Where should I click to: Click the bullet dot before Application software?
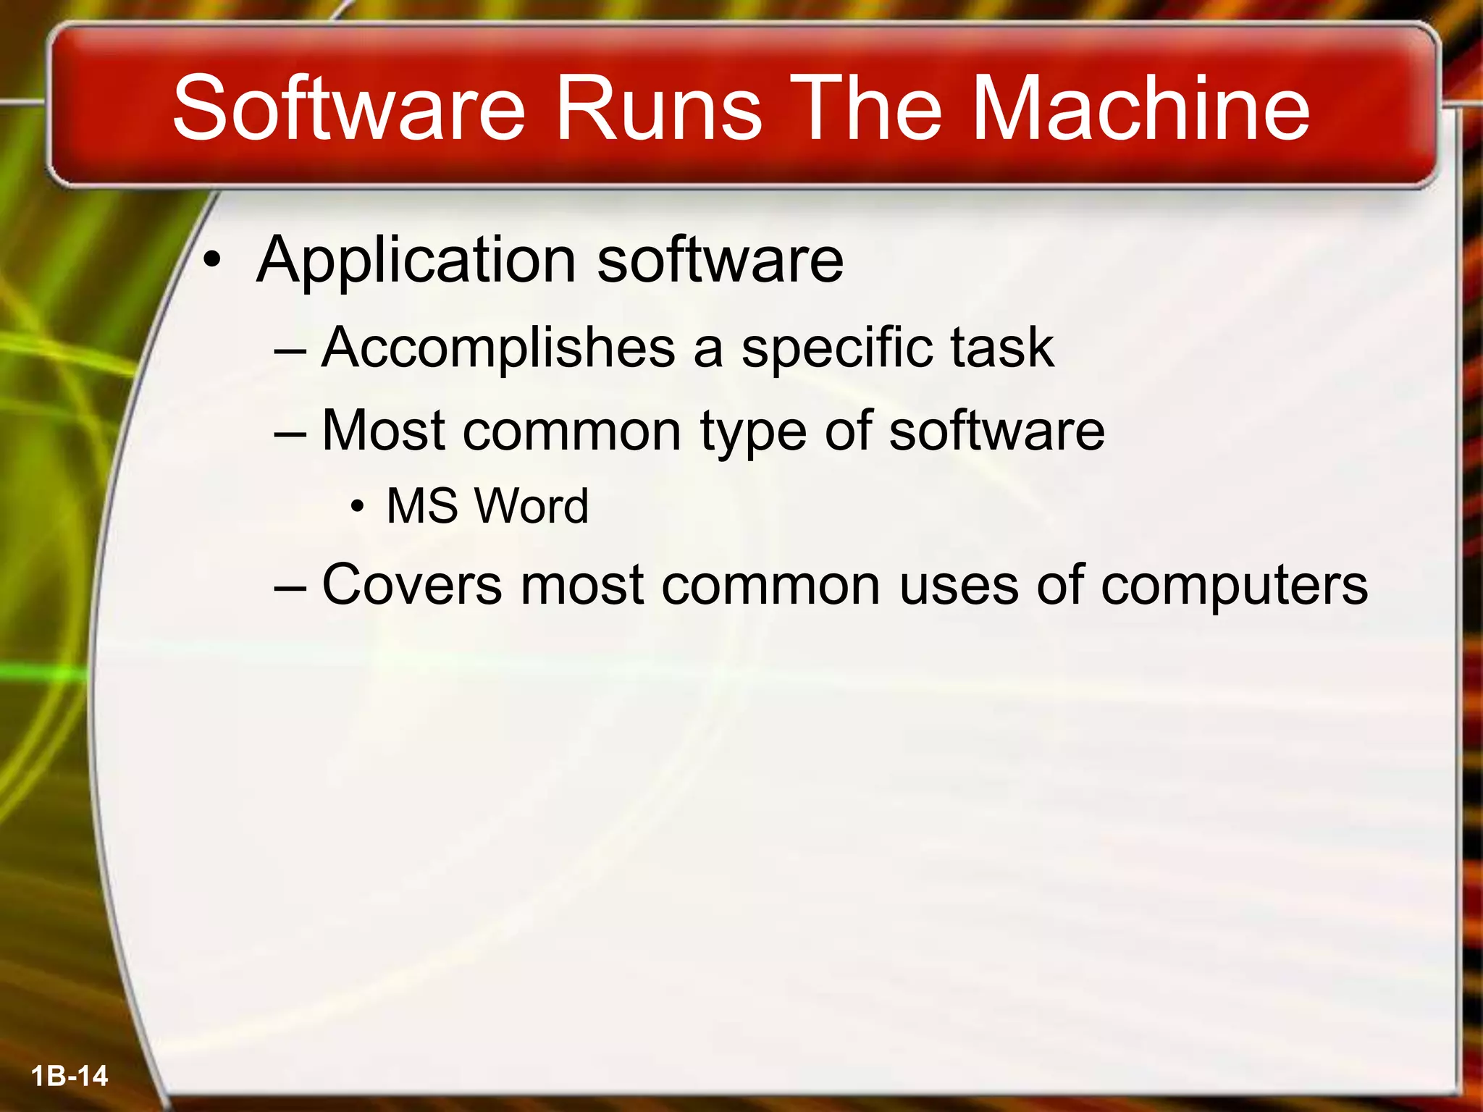(x=211, y=262)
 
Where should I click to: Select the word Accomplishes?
(x=498, y=348)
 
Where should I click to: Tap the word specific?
(x=837, y=348)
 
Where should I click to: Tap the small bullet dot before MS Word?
(x=356, y=507)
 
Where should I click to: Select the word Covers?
(x=411, y=584)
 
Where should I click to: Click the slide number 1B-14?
(x=70, y=1076)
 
